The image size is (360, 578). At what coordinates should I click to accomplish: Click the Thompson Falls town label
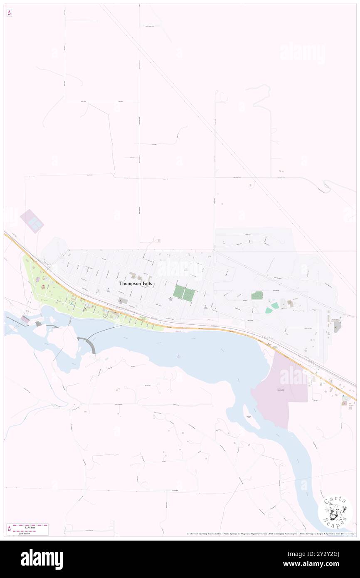pyautogui.click(x=136, y=283)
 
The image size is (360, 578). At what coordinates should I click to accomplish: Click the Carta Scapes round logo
pyautogui.click(x=335, y=511)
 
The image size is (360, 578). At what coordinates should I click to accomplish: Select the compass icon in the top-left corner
pyautogui.click(x=9, y=13)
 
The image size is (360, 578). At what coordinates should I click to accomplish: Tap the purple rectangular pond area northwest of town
pyautogui.click(x=32, y=221)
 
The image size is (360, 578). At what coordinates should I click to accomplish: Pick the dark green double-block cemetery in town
pyautogui.click(x=184, y=293)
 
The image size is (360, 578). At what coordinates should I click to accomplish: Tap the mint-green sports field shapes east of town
pyautogui.click(x=272, y=308)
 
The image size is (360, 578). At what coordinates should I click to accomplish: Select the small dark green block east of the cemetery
pyautogui.click(x=257, y=295)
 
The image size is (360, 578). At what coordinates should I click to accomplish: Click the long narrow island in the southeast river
pyautogui.click(x=249, y=416)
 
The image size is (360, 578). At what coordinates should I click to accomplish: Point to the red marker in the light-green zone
pyautogui.click(x=44, y=287)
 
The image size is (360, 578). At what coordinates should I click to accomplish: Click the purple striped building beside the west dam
pyautogui.click(x=25, y=319)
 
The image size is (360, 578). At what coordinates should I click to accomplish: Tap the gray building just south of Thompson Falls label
pyautogui.click(x=123, y=300)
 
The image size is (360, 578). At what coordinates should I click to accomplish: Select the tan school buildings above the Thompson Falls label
pyautogui.click(x=135, y=275)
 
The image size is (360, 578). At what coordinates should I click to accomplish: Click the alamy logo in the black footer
pyautogui.click(x=42, y=558)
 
